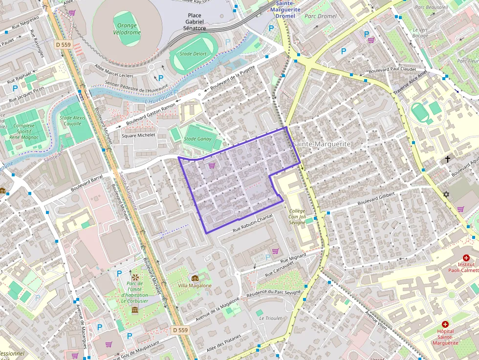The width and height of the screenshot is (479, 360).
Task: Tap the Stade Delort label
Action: [x=193, y=54]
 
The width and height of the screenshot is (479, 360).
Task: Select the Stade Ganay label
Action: [x=197, y=139]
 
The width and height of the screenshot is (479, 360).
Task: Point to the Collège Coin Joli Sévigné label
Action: [x=297, y=216]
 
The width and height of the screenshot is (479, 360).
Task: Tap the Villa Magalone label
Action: [x=195, y=286]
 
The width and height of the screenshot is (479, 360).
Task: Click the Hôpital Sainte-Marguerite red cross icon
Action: [x=445, y=324]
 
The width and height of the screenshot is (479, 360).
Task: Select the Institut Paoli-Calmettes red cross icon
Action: [x=465, y=257]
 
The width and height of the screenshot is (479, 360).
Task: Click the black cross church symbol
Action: [x=447, y=159]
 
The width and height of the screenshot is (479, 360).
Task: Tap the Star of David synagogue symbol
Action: [x=446, y=194]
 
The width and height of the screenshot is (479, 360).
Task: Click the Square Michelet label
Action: [x=138, y=135]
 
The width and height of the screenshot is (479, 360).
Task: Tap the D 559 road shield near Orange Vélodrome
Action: [x=64, y=44]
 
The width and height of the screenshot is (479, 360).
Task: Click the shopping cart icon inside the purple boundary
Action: [x=212, y=166]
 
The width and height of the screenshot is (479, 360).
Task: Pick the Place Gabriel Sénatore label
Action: [x=195, y=22]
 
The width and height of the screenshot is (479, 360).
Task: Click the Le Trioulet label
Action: [x=270, y=318]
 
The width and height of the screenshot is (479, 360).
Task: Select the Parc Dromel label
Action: [x=320, y=16]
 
